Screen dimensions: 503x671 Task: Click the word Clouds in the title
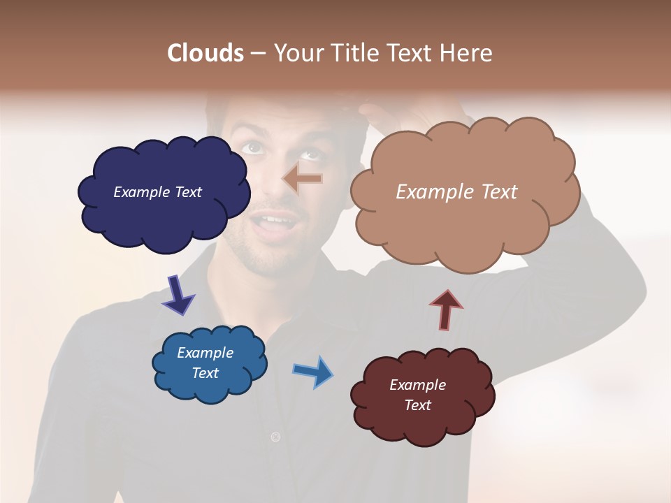[x=205, y=53]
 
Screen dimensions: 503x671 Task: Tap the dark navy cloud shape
[x=164, y=217]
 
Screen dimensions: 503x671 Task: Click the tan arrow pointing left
[x=302, y=179]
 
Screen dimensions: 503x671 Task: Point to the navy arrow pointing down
[x=178, y=294]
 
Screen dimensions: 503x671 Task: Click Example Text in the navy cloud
[x=157, y=192]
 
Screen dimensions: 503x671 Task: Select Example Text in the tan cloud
[x=456, y=192]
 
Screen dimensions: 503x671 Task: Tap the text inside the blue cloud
[x=205, y=363]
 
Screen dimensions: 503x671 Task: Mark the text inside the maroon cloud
[x=417, y=395]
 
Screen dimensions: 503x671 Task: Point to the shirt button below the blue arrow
[x=275, y=437]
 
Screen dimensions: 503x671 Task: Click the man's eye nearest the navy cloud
[x=253, y=147]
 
